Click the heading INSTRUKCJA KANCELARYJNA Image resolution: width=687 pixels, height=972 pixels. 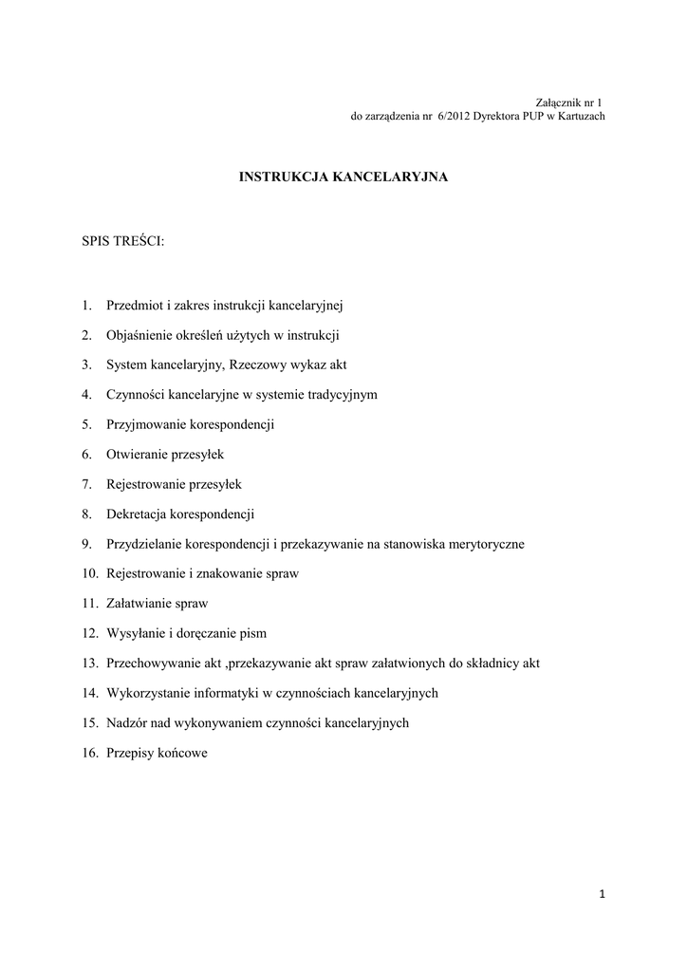(343, 177)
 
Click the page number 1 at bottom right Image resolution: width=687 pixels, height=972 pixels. (603, 893)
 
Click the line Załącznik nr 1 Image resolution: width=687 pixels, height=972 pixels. (569, 103)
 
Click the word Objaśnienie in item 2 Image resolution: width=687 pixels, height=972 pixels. (139, 335)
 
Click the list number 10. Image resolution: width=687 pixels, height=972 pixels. (90, 574)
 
